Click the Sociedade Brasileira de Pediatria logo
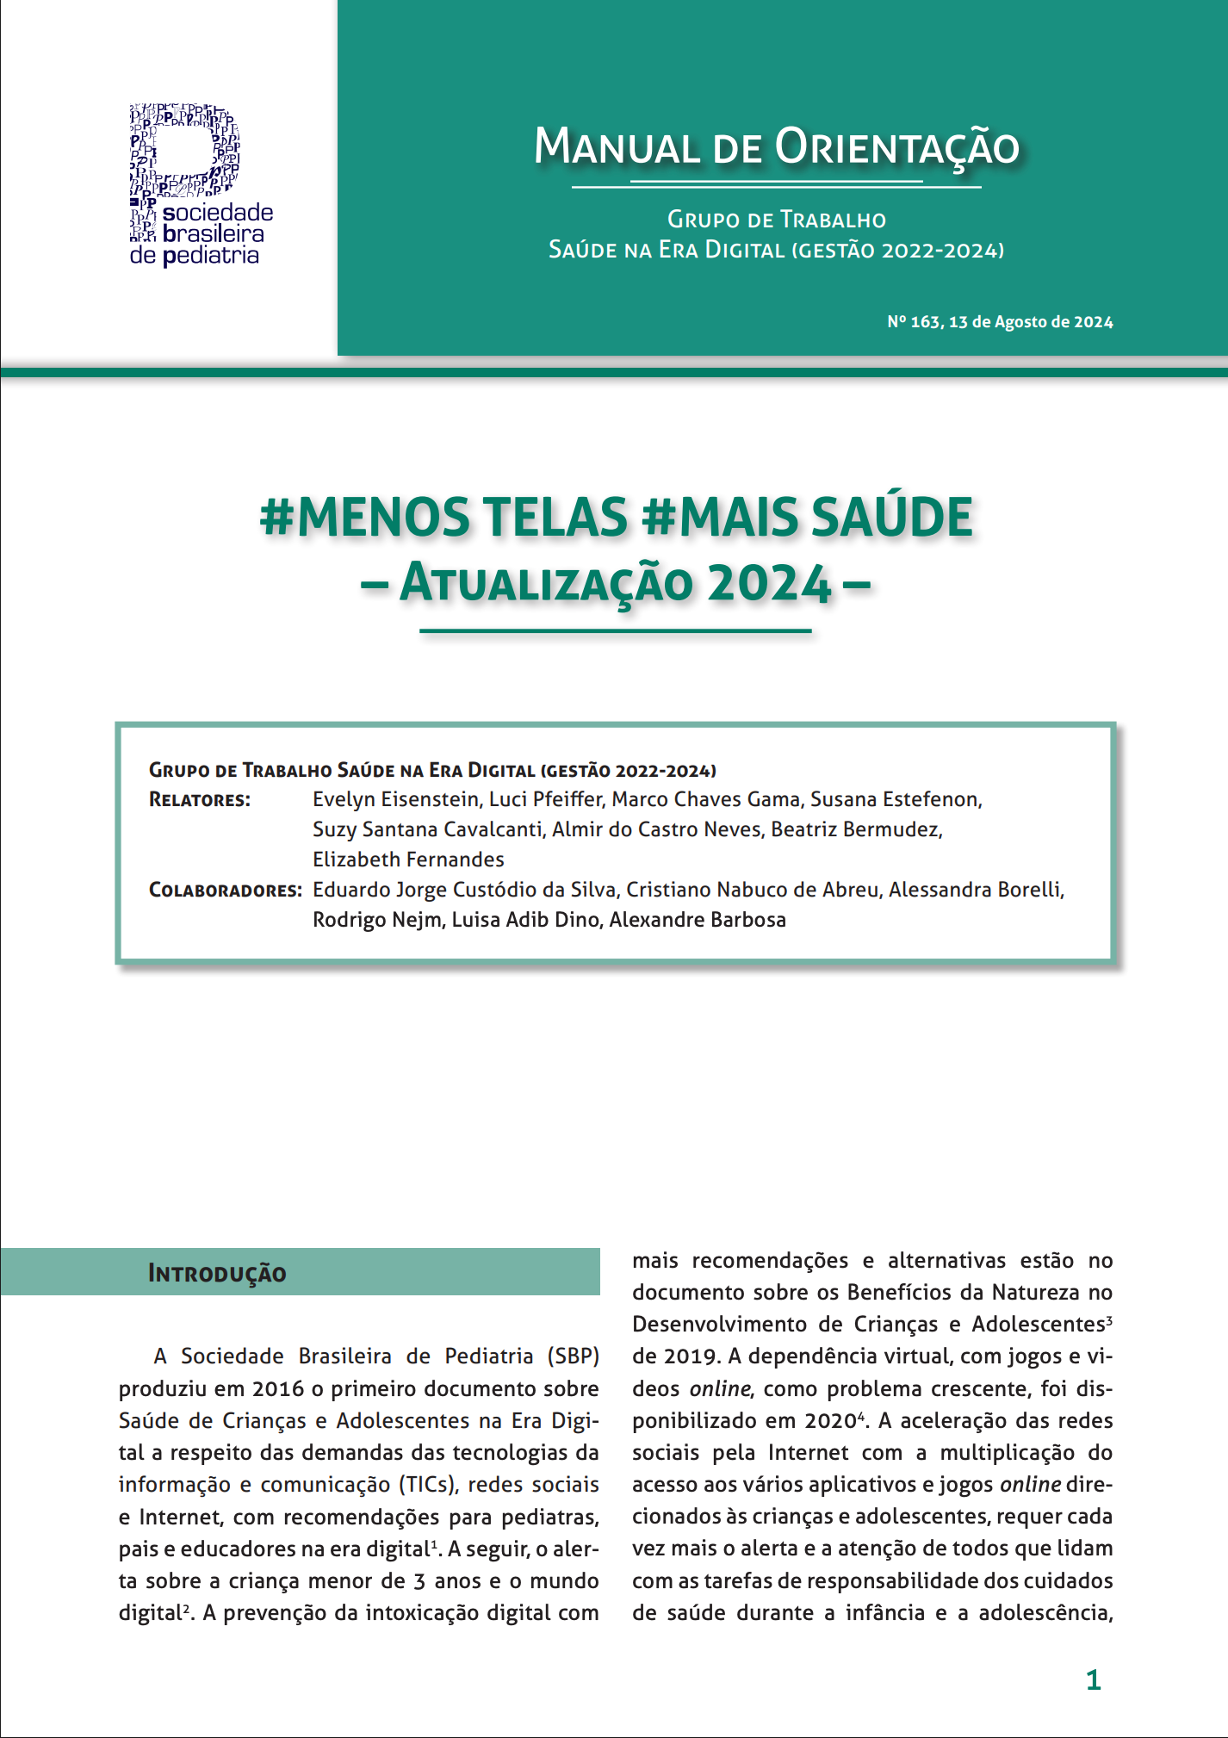tap(200, 185)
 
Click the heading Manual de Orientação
tap(776, 147)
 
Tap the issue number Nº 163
tap(914, 322)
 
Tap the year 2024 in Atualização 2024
tap(769, 584)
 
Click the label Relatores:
tap(200, 800)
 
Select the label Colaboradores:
tap(225, 891)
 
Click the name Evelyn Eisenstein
tap(395, 799)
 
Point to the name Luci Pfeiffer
tap(544, 799)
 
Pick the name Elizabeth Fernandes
tap(408, 860)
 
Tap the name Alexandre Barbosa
tap(698, 920)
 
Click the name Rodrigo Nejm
tap(376, 920)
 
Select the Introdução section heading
tap(217, 1273)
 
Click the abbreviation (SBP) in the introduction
tap(573, 1356)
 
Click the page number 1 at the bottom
tap(1093, 1679)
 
